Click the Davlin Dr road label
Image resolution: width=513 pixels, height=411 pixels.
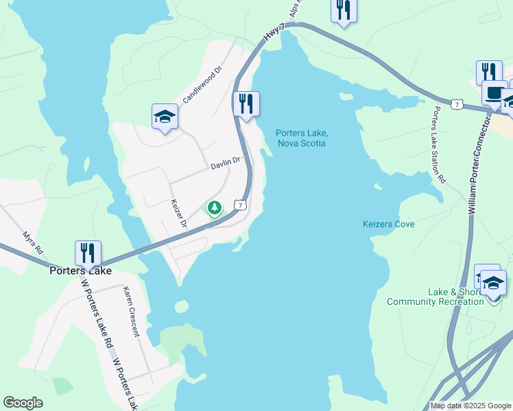pos(226,163)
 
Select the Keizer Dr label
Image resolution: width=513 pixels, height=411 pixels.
pos(178,214)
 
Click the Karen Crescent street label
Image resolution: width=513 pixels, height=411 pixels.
pos(131,312)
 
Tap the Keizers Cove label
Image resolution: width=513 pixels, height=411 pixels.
pos(388,224)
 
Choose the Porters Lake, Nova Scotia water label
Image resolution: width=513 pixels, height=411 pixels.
pos(301,138)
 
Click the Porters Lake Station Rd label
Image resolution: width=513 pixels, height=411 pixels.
pos(439,145)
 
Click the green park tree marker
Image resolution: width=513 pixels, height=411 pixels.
pos(215,207)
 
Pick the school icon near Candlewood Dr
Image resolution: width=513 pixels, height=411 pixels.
pos(165,116)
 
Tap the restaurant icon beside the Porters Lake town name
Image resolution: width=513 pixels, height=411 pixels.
pos(88,253)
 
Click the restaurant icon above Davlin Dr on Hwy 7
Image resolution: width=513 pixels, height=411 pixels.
pos(246,104)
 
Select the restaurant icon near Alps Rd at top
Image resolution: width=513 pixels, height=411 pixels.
pos(344,10)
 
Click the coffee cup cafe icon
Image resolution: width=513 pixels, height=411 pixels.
pos(494,92)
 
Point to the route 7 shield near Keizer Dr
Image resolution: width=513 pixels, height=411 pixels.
pos(239,205)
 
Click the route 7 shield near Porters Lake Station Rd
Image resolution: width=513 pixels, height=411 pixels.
pos(457,104)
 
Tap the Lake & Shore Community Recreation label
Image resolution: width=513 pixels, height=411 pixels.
pos(436,297)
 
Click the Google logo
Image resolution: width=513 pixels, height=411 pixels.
pos(23,403)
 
